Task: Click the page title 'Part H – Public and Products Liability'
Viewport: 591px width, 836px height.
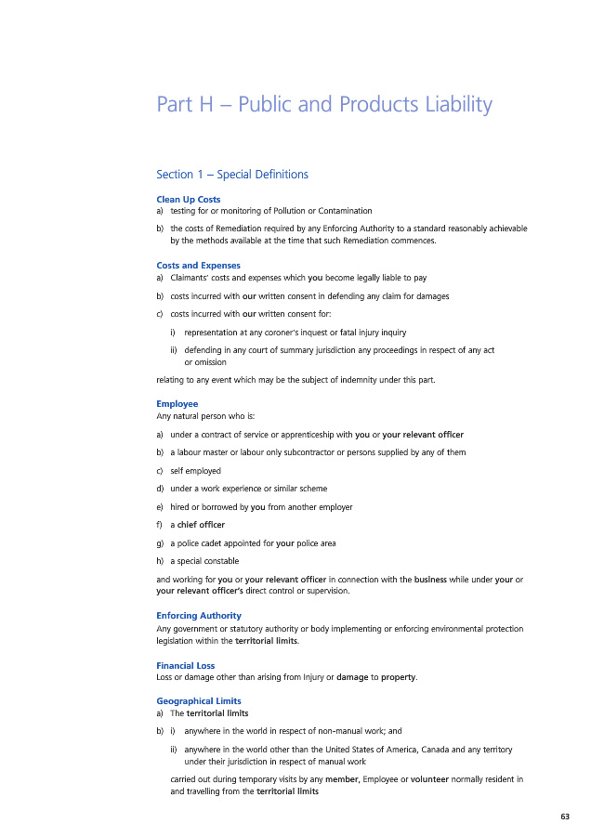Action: click(324, 105)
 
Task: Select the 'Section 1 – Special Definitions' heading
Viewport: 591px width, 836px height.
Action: click(232, 175)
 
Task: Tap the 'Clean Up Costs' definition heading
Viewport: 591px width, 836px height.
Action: click(189, 200)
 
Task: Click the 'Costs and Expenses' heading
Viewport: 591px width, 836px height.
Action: click(199, 266)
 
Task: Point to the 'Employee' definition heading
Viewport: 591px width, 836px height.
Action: click(177, 404)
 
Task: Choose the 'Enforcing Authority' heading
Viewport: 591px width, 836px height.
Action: click(199, 616)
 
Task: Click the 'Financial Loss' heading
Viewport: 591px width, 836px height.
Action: click(186, 665)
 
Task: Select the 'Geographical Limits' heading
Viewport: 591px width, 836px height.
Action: click(199, 702)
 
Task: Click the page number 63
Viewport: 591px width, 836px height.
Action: click(565, 816)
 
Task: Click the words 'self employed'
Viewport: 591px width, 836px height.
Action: click(196, 471)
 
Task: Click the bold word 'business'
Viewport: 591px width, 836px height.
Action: click(435, 580)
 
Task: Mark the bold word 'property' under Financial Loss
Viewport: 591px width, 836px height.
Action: click(398, 677)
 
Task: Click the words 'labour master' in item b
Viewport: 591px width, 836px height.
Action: click(201, 452)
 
